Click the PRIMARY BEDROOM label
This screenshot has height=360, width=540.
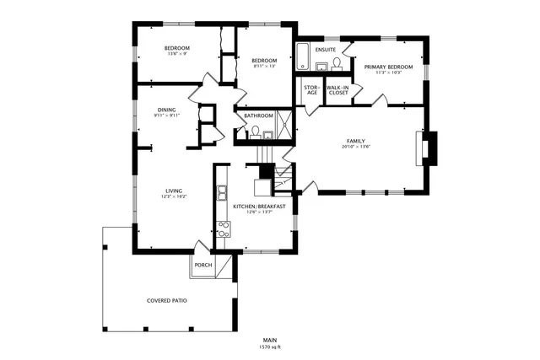tap(388, 67)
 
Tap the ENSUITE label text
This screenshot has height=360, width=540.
tap(326, 51)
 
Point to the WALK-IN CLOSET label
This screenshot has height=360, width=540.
tap(337, 89)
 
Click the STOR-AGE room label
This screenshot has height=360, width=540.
tap(311, 89)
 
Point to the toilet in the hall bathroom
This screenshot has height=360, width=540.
tap(253, 131)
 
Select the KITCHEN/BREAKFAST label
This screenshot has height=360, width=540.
tap(259, 207)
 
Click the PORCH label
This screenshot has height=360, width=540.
tap(203, 265)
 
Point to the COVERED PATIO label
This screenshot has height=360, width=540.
tap(167, 300)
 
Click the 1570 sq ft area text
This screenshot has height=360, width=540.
tap(269, 347)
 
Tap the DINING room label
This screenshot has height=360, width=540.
tap(166, 110)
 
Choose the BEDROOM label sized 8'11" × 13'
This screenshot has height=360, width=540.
tap(264, 60)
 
